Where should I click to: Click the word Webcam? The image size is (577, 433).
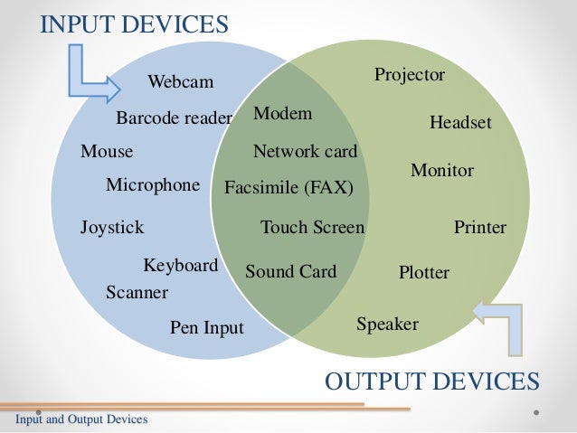[181, 83]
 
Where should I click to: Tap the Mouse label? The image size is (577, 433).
[107, 151]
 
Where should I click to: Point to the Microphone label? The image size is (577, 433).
[152, 185]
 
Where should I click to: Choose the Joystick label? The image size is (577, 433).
[112, 227]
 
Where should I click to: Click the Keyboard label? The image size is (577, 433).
[181, 266]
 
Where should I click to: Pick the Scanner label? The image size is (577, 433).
[137, 293]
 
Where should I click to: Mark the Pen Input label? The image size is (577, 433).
[207, 327]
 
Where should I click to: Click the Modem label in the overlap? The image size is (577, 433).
[282, 114]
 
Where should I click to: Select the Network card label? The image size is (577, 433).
[305, 151]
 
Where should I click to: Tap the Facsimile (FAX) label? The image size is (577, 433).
[288, 188]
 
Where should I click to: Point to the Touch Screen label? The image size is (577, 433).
[312, 227]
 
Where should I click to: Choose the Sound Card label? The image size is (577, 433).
[290, 271]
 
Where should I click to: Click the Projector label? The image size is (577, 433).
[410, 75]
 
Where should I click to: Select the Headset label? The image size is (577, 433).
[460, 121]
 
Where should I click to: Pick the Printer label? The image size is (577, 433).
[479, 227]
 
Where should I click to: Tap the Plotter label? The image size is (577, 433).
[423, 272]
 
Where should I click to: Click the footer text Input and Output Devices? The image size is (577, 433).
[80, 420]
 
